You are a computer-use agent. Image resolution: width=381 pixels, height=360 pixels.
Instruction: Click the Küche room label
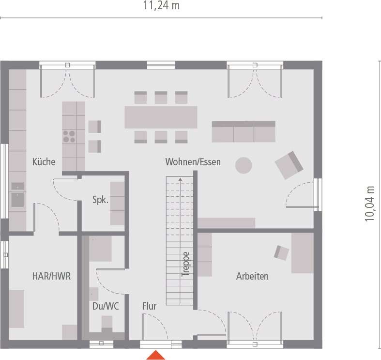pos(44,162)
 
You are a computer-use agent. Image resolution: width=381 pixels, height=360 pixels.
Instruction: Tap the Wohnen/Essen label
pos(193,162)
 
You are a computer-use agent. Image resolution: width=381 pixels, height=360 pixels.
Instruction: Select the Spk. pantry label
pos(101,200)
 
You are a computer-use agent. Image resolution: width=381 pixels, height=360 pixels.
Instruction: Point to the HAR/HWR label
pos(51,276)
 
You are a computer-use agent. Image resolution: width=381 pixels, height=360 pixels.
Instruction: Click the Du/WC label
pos(106,306)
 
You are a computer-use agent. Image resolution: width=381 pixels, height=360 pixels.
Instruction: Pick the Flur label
pos(149,306)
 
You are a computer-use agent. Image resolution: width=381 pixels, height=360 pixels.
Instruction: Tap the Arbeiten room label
pos(252,276)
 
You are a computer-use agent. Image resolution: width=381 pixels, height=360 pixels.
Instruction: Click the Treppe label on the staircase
pos(185,265)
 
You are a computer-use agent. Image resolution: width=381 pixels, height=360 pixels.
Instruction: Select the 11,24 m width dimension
pos(161,6)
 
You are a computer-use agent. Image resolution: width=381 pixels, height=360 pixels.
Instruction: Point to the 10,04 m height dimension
pos(370,203)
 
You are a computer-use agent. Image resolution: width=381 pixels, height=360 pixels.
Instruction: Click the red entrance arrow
pos(156,355)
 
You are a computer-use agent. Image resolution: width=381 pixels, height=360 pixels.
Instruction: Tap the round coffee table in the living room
pos(244,166)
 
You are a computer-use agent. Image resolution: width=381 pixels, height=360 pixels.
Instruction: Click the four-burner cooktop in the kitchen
pos(69,136)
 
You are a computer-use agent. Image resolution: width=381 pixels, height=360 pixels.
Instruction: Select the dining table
pos(161,117)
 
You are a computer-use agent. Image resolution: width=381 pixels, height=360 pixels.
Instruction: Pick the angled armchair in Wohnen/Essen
pos(289,164)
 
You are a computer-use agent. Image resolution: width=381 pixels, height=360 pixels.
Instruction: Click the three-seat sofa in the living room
pos(244,131)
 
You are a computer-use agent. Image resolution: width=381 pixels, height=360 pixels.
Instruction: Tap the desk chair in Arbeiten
pos(281,252)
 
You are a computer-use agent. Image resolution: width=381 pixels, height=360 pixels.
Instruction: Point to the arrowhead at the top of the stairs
pos(180,180)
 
